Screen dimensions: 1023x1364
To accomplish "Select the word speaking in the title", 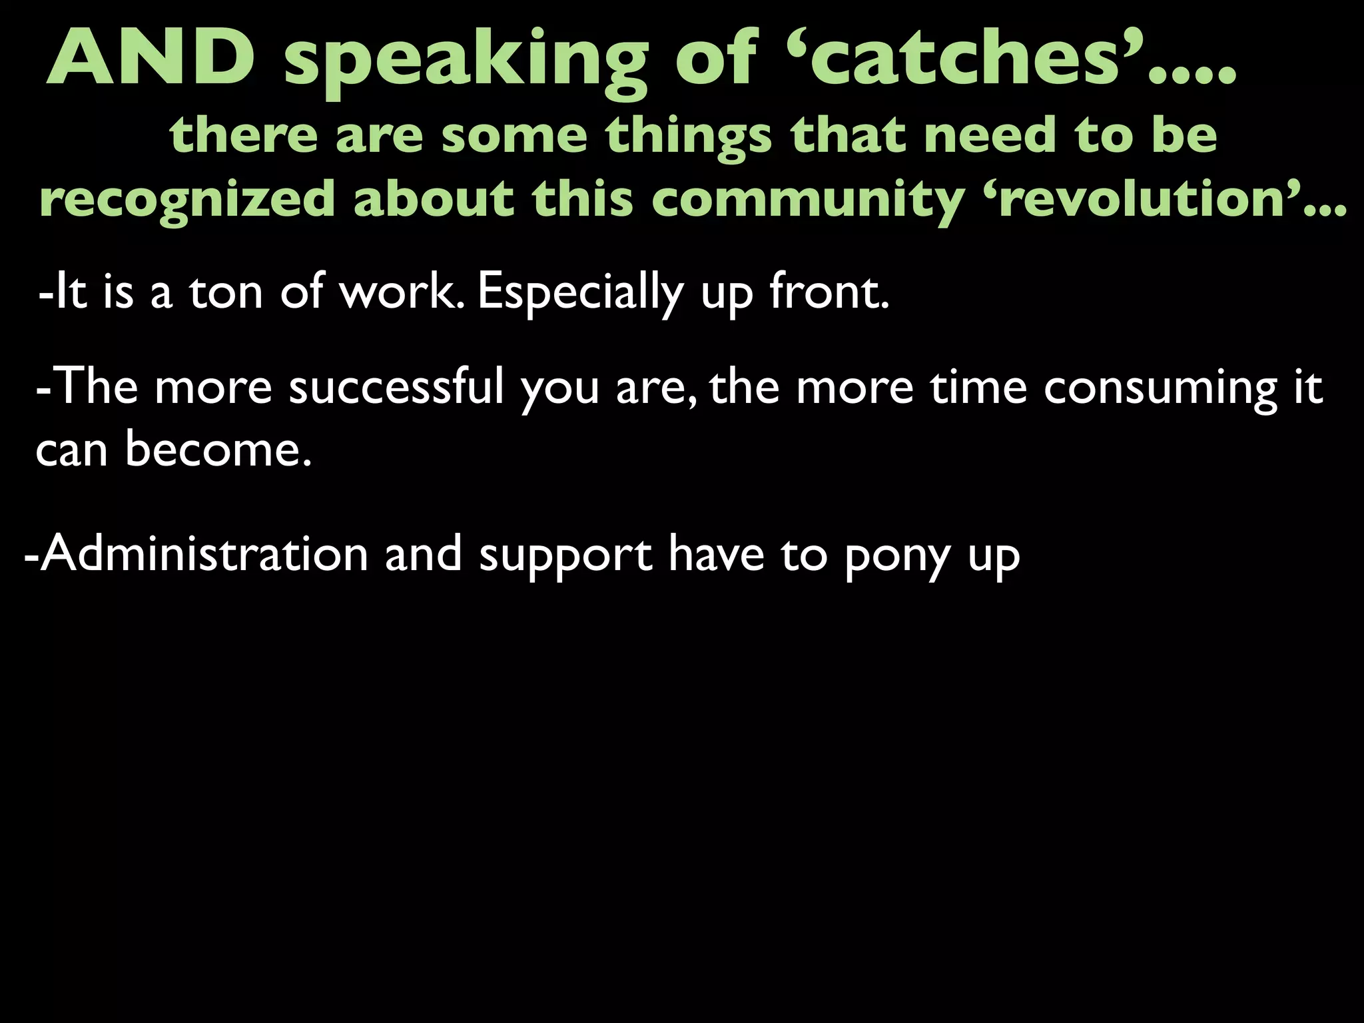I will (466, 63).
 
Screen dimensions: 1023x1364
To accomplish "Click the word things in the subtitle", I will (689, 137).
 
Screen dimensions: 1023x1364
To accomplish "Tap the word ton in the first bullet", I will (226, 292).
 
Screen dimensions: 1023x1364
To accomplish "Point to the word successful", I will (396, 387).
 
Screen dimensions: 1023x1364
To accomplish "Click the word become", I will (216, 449).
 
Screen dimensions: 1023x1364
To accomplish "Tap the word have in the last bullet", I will (716, 554).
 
